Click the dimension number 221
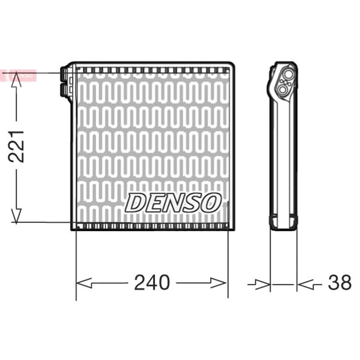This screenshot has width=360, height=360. (16, 147)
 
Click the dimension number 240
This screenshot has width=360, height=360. (152, 283)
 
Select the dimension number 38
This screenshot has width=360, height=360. (340, 282)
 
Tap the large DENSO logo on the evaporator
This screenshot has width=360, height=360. (173, 202)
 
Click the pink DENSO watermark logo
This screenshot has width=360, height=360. (18, 75)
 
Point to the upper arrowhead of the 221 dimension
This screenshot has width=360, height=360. (16, 79)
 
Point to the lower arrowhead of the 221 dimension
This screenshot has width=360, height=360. (16, 216)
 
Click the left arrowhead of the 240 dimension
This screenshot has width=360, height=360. (84, 283)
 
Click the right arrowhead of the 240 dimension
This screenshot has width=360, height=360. (219, 283)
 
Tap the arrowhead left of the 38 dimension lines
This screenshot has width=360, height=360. (262, 285)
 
